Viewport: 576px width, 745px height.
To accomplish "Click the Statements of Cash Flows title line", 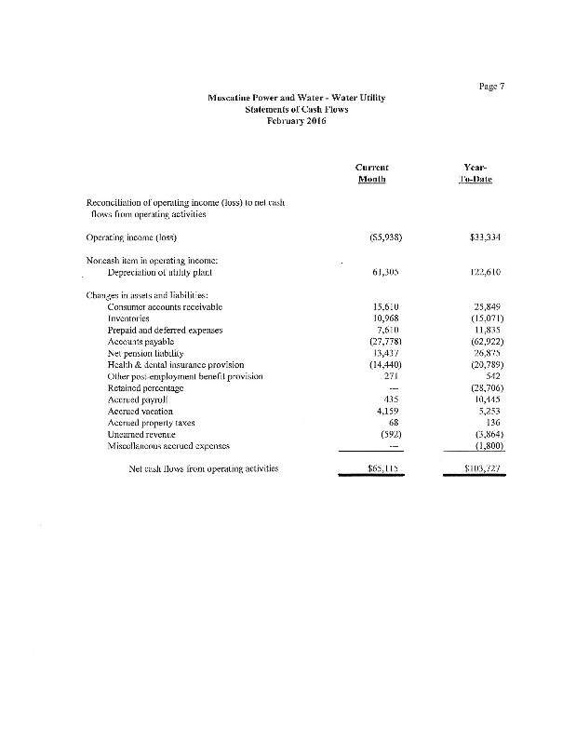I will [295, 109].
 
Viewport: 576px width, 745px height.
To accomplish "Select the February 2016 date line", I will [295, 121].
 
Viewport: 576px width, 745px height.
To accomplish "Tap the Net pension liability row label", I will [147, 353].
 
